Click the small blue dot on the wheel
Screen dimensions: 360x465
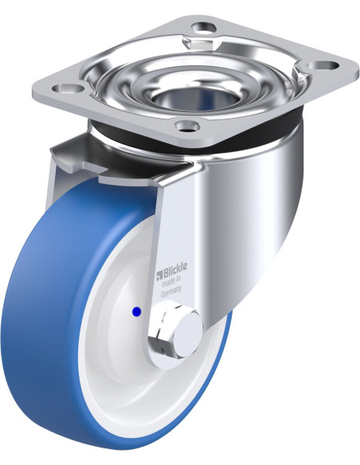click(x=136, y=311)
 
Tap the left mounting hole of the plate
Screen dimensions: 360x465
click(x=68, y=88)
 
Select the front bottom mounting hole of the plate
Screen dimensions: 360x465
click(x=187, y=127)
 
